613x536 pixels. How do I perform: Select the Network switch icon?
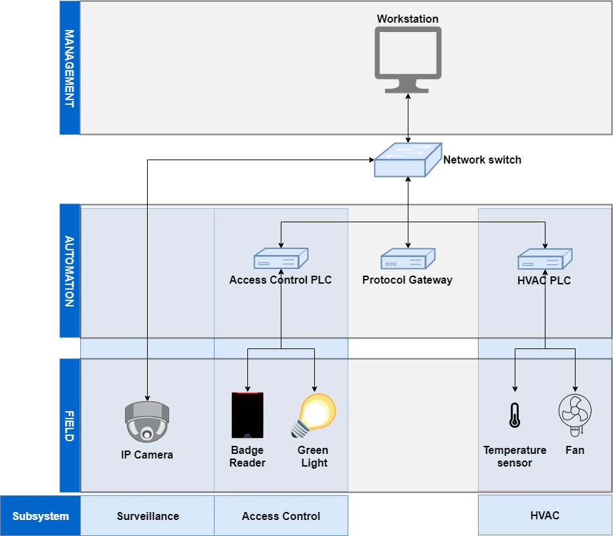pos(408,160)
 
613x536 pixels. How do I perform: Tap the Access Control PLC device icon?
pos(281,259)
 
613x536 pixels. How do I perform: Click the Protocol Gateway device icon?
pos(408,259)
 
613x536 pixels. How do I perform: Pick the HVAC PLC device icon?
pos(545,259)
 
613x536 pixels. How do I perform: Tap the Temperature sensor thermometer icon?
pos(515,415)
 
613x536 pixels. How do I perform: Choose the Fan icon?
pos(575,415)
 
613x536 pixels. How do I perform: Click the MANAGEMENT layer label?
pos(70,68)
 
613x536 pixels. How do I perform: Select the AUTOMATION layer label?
pos(70,271)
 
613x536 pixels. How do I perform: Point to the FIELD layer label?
pos(70,426)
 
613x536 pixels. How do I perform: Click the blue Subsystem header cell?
pos(40,516)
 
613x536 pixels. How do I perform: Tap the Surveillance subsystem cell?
pos(148,516)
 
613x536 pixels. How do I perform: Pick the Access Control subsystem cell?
pos(281,516)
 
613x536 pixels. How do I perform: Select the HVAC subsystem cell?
pos(545,515)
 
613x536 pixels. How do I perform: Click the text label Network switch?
pos(482,160)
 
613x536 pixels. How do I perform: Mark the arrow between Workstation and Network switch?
pos(408,118)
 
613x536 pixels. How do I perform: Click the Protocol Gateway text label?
pos(407,280)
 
